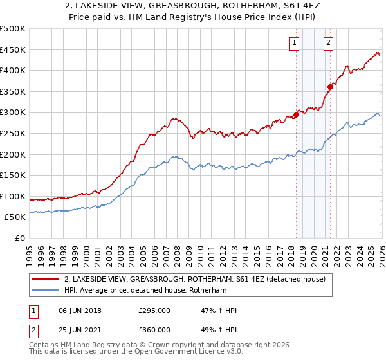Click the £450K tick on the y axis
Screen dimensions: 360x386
click(x=13, y=50)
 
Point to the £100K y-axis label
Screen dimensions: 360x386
click(x=13, y=196)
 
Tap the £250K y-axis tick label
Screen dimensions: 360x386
click(x=13, y=133)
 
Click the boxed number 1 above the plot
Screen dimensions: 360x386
click(x=294, y=43)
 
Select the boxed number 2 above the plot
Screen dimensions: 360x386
click(x=328, y=43)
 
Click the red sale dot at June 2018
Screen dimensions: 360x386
click(x=296, y=115)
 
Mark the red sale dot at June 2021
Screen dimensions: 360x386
click(x=330, y=87)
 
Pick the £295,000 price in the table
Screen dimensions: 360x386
click(x=154, y=310)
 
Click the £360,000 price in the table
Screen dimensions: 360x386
click(x=154, y=329)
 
